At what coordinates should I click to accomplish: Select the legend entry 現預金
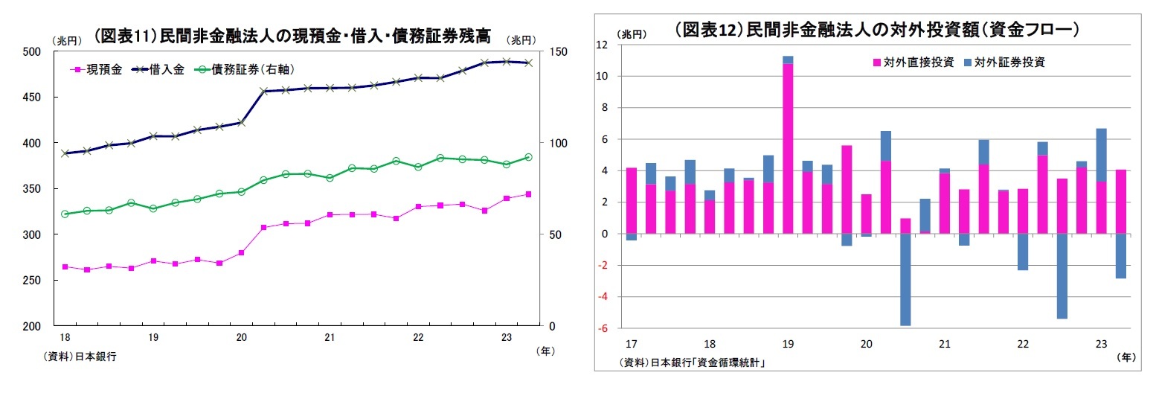96,69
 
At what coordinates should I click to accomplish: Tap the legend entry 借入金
158,69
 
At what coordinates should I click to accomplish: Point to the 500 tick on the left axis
32,51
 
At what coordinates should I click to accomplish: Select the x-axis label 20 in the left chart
241,338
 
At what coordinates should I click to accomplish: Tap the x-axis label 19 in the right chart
788,345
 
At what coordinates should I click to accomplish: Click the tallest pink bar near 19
788,149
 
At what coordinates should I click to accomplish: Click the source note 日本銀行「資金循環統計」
693,363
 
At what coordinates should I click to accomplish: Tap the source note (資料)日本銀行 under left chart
81,357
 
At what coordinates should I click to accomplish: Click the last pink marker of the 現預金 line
528,194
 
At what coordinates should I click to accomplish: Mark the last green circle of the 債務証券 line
528,157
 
